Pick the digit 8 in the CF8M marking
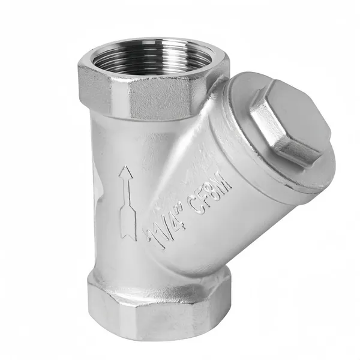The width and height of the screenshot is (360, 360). tap(213, 193)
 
